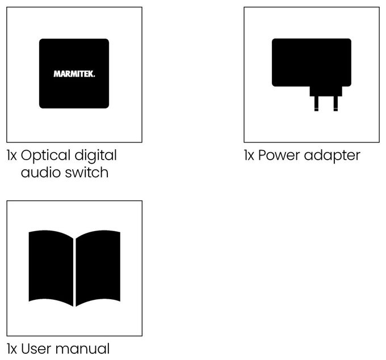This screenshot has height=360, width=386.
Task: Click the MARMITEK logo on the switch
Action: click(x=74, y=74)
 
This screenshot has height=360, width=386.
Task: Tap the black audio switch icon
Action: click(x=74, y=73)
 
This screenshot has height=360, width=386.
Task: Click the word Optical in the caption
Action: click(x=46, y=156)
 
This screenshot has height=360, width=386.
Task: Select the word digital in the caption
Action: click(x=95, y=156)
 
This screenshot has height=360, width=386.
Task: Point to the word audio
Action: click(x=41, y=173)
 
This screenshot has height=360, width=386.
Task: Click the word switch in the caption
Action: click(x=87, y=172)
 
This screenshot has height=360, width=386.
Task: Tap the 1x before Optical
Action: click(x=11, y=156)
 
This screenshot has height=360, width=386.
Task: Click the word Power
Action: click(x=279, y=156)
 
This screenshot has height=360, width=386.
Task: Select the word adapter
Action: click(x=332, y=156)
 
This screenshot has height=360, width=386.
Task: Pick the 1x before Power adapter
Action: click(x=249, y=156)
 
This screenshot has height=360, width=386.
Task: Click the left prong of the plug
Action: click(x=316, y=104)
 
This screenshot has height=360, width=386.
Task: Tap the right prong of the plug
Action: click(x=335, y=104)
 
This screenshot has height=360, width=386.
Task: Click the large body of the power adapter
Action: click(x=312, y=62)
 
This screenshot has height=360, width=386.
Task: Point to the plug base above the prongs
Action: click(x=326, y=91)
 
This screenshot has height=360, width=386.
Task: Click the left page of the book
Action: click(x=51, y=268)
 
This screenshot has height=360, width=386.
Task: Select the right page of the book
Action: click(x=98, y=268)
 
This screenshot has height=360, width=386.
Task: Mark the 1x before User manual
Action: click(x=11, y=349)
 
